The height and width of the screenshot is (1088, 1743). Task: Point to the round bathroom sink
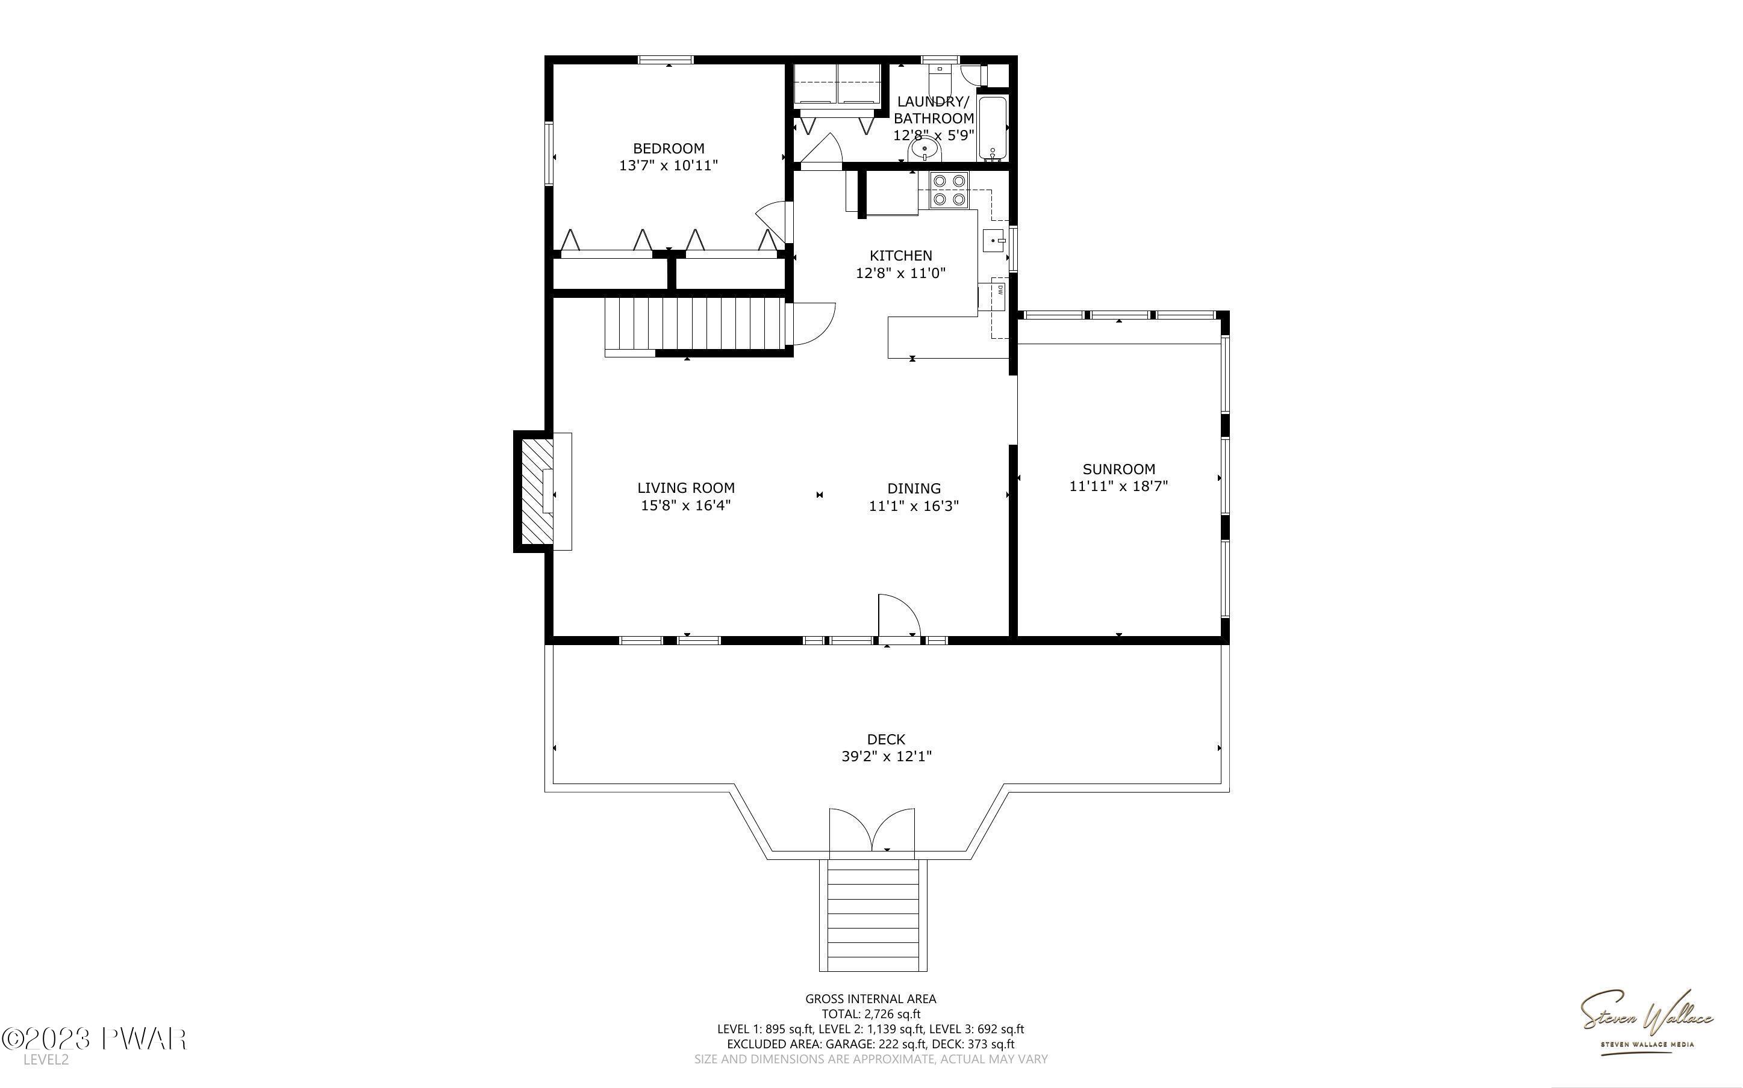point(925,150)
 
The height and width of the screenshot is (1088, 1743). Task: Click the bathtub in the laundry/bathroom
point(992,128)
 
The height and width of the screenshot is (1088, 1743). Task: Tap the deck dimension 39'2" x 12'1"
point(887,756)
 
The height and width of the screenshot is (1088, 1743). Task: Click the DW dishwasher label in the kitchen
point(1000,290)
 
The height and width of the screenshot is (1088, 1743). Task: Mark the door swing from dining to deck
point(899,616)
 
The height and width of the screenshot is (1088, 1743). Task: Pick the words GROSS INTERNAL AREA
point(870,999)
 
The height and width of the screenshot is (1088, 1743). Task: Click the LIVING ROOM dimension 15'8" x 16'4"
point(686,505)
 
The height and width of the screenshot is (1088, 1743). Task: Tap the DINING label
point(914,489)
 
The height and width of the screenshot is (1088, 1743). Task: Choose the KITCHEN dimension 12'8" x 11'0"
point(900,273)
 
